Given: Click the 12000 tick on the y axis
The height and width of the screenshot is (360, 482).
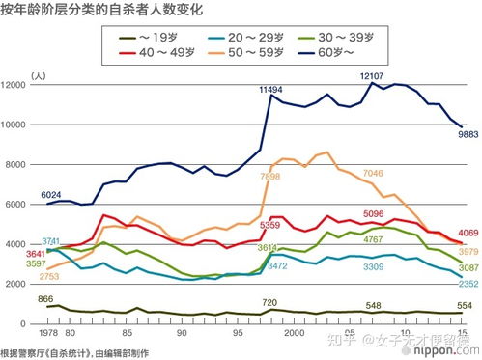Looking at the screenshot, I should tap(19, 86).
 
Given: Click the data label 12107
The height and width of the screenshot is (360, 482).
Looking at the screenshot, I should tap(373, 74).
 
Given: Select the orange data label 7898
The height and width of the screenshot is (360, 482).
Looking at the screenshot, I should tap(271, 177).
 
